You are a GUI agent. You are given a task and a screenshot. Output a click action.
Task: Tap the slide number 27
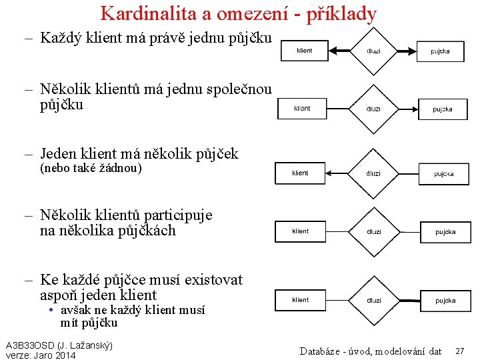(460, 351)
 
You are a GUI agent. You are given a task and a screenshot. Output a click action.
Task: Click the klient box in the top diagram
(304, 51)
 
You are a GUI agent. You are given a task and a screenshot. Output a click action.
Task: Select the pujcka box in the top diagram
(440, 51)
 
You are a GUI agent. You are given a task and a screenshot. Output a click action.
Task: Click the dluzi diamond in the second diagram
(374, 109)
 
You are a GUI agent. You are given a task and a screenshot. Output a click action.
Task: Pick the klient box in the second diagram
(302, 108)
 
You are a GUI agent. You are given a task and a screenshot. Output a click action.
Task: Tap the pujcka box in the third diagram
(444, 173)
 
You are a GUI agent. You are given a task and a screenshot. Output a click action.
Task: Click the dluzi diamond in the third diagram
(373, 173)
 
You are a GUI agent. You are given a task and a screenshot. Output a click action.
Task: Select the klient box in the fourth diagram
(300, 231)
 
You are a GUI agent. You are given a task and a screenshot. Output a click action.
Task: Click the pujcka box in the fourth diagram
(445, 232)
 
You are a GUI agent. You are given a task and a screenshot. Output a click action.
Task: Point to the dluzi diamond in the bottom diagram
(374, 301)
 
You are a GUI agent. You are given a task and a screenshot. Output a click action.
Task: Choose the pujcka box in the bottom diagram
(445, 301)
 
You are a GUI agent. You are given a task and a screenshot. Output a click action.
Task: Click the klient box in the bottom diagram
(300, 300)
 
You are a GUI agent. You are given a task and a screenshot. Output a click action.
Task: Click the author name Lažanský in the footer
(88, 345)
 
